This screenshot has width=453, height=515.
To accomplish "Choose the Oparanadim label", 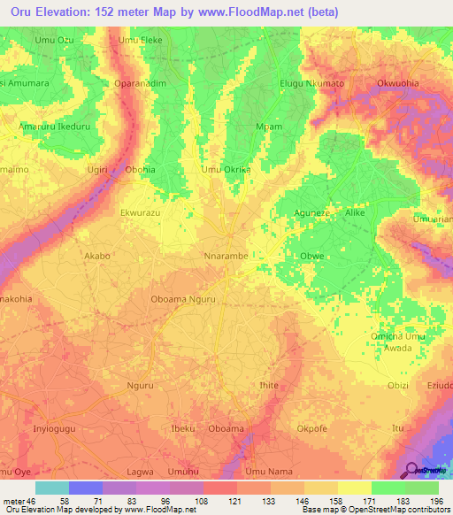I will click(x=140, y=83).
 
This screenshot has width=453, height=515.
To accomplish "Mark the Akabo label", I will click(x=96, y=256).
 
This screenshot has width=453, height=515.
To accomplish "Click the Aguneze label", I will click(x=312, y=213).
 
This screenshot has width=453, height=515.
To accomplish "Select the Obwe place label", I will click(x=302, y=257).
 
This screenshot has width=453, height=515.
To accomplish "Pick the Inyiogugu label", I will click(x=55, y=429).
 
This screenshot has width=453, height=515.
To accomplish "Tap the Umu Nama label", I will click(x=266, y=473).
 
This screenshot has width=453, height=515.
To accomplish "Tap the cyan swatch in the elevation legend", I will click(x=52, y=488).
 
